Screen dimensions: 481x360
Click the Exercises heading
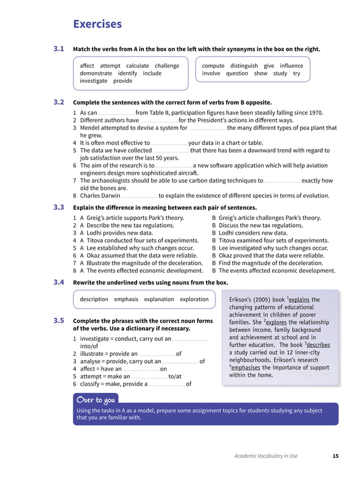click(97, 24)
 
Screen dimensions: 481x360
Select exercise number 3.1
click(59, 49)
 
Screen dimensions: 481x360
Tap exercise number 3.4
click(59, 283)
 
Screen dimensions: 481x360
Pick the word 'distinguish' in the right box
click(244, 66)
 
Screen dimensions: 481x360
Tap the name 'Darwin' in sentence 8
click(108, 196)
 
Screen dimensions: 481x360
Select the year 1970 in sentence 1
click(315, 113)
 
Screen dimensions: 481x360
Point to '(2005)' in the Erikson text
click(261, 299)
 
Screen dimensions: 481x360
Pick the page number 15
click(336, 456)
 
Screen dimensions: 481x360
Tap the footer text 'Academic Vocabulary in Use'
click(266, 456)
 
